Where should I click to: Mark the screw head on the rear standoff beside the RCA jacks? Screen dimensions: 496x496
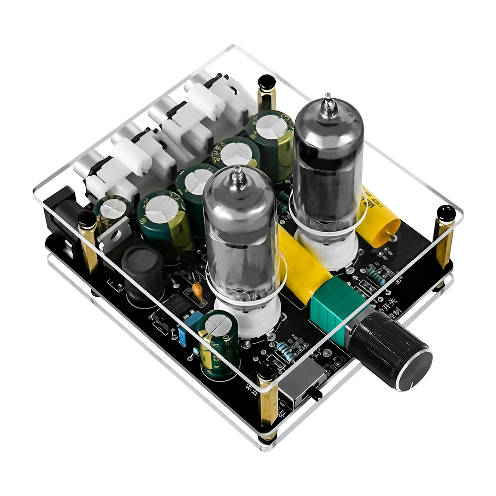tap(267, 82)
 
